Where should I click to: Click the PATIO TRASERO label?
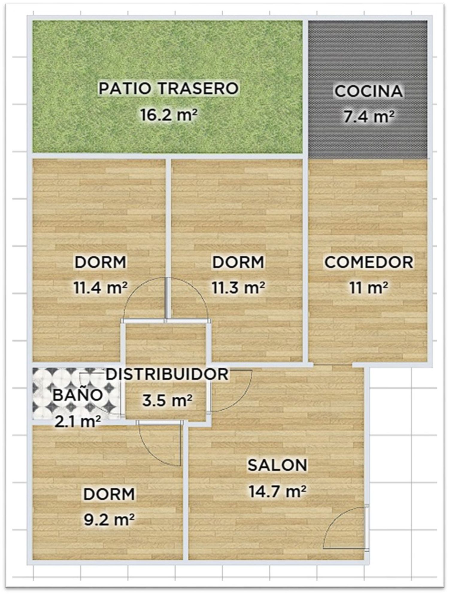click(x=169, y=89)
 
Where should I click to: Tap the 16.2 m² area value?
click(x=169, y=115)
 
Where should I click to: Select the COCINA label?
click(x=368, y=91)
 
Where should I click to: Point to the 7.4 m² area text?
click(x=368, y=117)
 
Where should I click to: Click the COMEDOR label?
click(x=369, y=262)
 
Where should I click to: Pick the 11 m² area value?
click(x=369, y=288)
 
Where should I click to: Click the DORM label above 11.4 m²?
click(x=101, y=262)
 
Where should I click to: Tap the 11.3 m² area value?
click(x=238, y=288)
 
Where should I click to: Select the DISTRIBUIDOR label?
click(x=167, y=375)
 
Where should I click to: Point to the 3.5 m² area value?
click(x=167, y=400)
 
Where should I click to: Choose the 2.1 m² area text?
click(x=78, y=422)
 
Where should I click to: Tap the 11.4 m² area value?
click(x=101, y=288)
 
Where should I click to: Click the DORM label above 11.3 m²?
click(x=238, y=262)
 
